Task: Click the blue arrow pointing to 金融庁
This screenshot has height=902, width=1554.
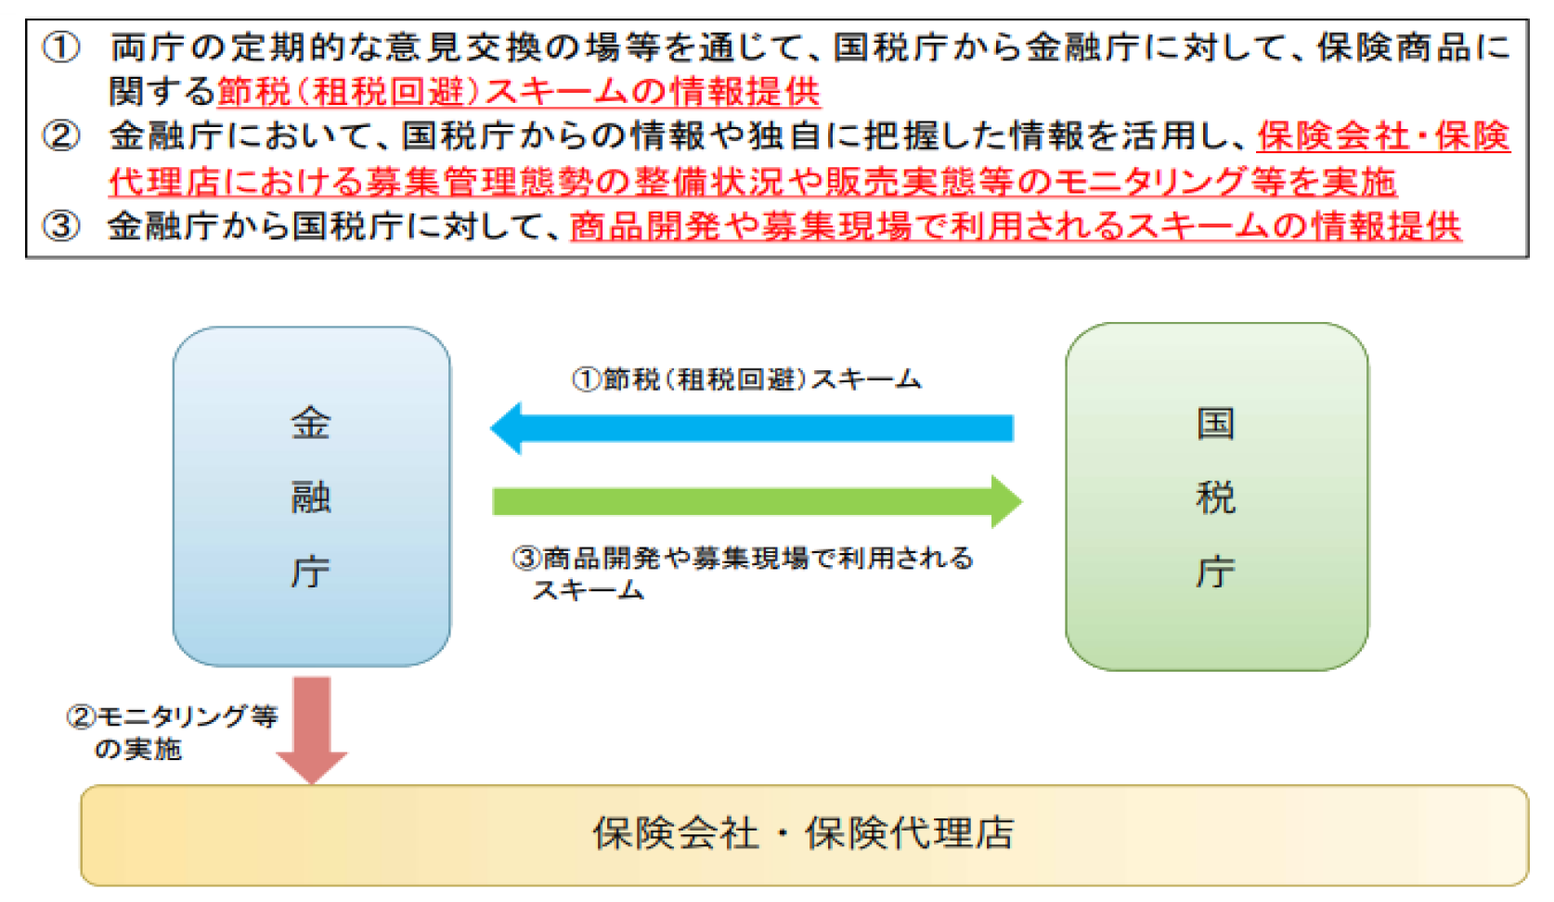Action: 752,429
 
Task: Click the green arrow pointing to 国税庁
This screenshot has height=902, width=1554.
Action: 758,501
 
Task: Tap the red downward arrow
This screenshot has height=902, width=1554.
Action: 312,730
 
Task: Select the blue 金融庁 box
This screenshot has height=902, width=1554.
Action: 312,496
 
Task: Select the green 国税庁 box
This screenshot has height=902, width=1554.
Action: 1217,496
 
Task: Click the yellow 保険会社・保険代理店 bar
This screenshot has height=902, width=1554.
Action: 805,835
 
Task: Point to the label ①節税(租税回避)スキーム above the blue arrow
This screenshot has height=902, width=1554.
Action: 746,380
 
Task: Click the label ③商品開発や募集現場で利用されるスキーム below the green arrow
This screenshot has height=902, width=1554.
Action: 743,573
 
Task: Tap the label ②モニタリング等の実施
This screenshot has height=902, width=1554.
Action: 172,733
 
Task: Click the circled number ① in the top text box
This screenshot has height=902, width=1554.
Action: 61,48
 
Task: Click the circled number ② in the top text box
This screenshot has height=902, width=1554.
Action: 61,135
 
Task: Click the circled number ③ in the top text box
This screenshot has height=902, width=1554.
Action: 61,226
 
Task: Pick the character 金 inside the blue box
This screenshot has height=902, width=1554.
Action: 311,423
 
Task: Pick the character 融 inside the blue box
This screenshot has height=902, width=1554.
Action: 311,497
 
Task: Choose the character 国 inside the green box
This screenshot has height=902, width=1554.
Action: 1216,423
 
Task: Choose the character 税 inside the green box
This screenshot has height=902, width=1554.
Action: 1216,497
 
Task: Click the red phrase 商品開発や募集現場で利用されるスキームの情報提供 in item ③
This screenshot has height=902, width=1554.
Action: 1016,226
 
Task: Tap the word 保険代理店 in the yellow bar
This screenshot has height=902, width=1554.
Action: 910,833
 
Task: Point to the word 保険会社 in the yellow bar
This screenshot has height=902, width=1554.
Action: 676,833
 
